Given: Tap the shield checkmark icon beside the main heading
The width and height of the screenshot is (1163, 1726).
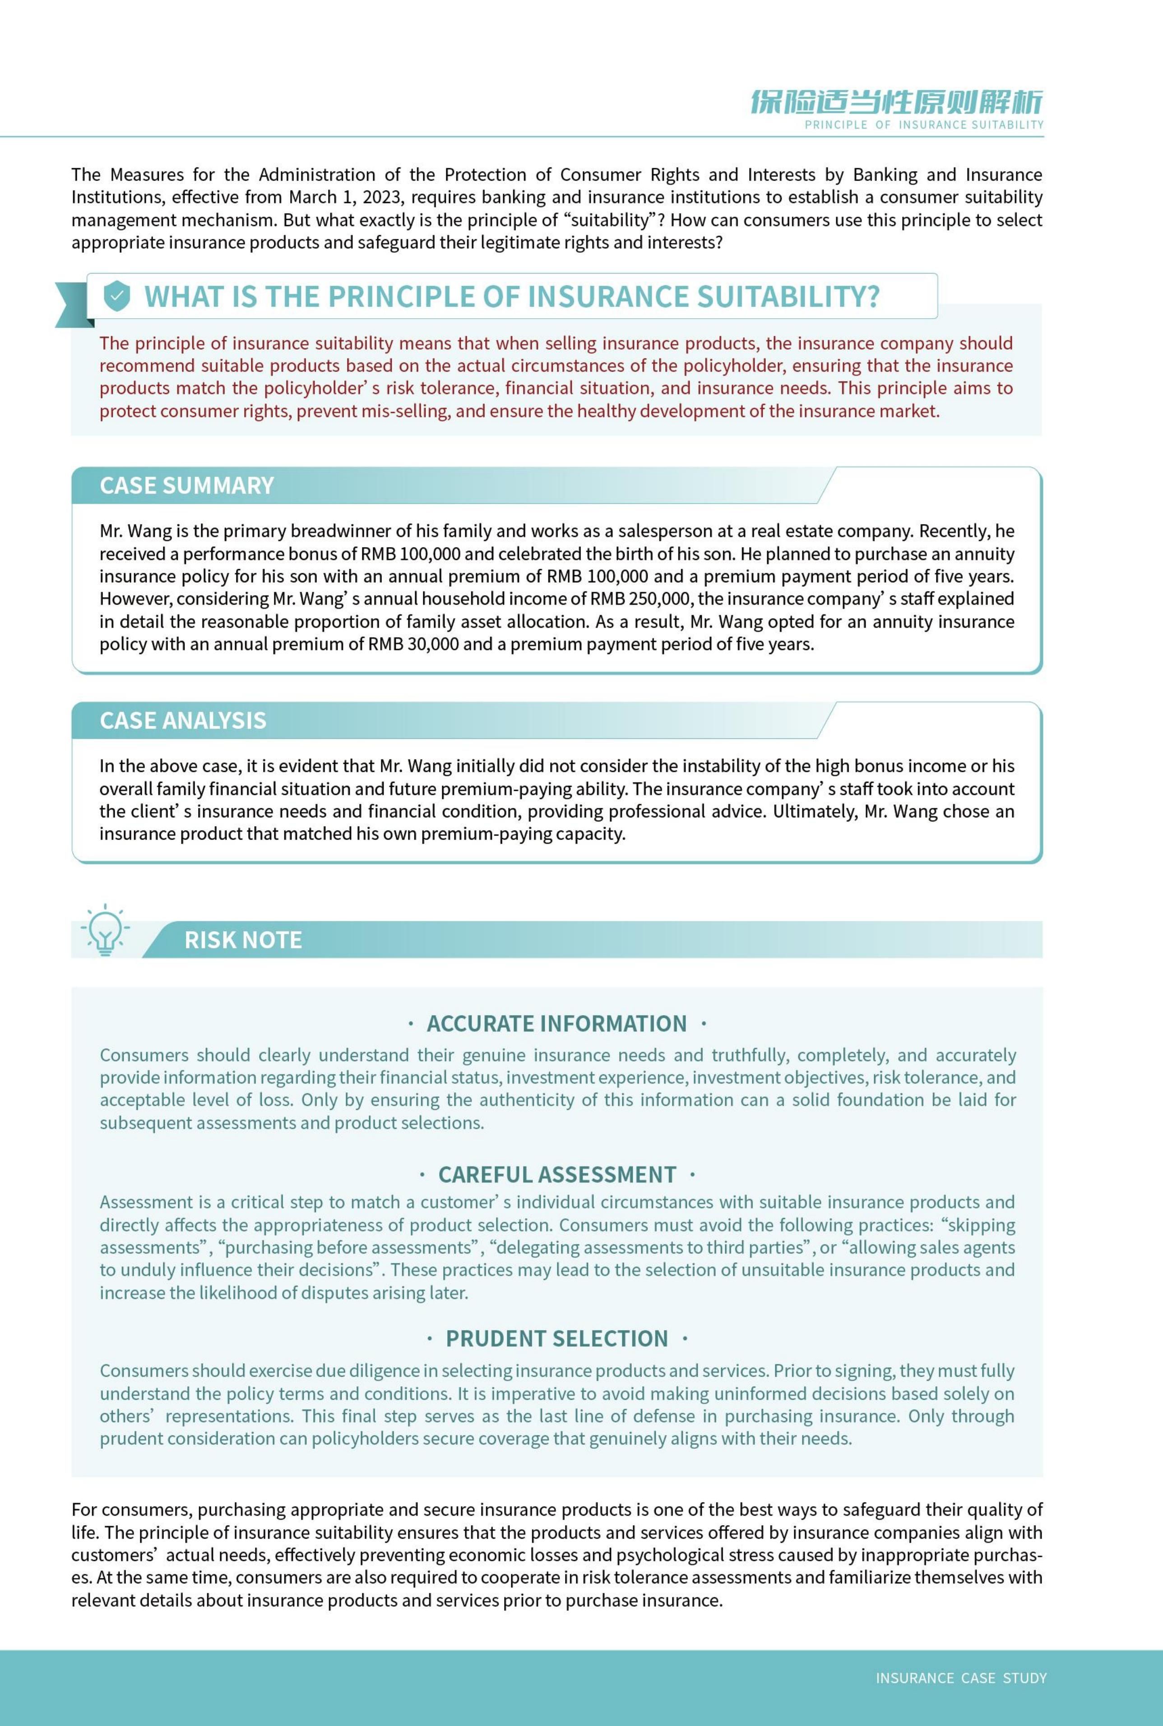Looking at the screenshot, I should (x=116, y=296).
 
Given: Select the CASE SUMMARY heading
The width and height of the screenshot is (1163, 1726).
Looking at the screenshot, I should (x=187, y=485).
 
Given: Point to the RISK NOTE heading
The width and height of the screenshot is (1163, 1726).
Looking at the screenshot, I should (x=242, y=940).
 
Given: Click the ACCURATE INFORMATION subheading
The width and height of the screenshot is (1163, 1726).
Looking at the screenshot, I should (x=556, y=1024).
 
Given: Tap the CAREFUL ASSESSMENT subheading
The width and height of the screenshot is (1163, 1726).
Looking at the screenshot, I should (x=557, y=1174).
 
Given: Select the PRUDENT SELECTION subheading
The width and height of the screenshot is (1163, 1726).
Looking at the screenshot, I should (x=556, y=1338).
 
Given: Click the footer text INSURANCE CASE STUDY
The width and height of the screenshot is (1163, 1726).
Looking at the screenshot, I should (x=960, y=1678).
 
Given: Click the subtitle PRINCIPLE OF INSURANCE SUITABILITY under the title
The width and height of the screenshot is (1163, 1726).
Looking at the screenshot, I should (x=923, y=125).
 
